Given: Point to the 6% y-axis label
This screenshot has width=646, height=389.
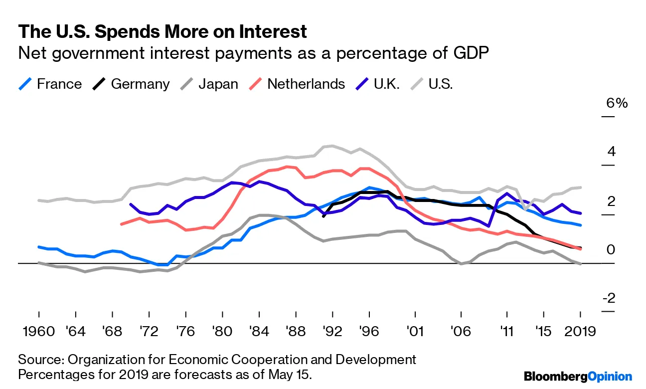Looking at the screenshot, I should (x=617, y=104).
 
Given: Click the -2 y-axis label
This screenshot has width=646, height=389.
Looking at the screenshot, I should (x=608, y=298).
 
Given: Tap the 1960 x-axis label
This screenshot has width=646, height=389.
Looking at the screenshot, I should (x=38, y=332).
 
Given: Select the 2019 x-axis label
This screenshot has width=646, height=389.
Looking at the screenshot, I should (x=580, y=332).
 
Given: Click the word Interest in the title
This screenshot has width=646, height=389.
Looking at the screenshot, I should (x=265, y=32).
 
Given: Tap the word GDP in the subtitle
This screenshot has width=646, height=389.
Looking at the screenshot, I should (x=471, y=53).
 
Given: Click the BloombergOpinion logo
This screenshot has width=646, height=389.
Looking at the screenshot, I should (x=578, y=377).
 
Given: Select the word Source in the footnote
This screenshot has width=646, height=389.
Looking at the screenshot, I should (x=37, y=360).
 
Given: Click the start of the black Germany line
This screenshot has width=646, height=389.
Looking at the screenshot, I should (x=323, y=216).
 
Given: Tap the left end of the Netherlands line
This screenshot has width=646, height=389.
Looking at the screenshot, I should (x=121, y=224).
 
